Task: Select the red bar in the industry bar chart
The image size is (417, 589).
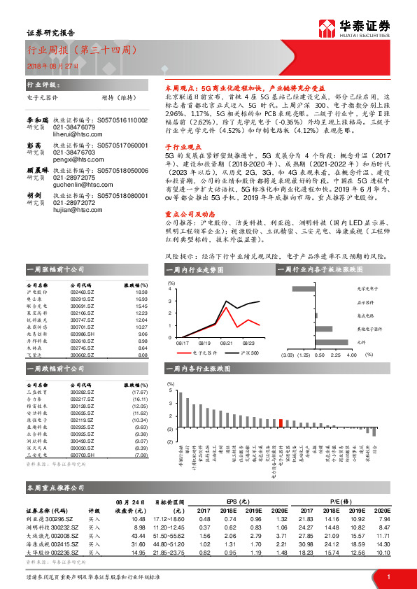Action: coord(281,422)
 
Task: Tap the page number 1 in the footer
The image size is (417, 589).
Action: coord(388,576)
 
